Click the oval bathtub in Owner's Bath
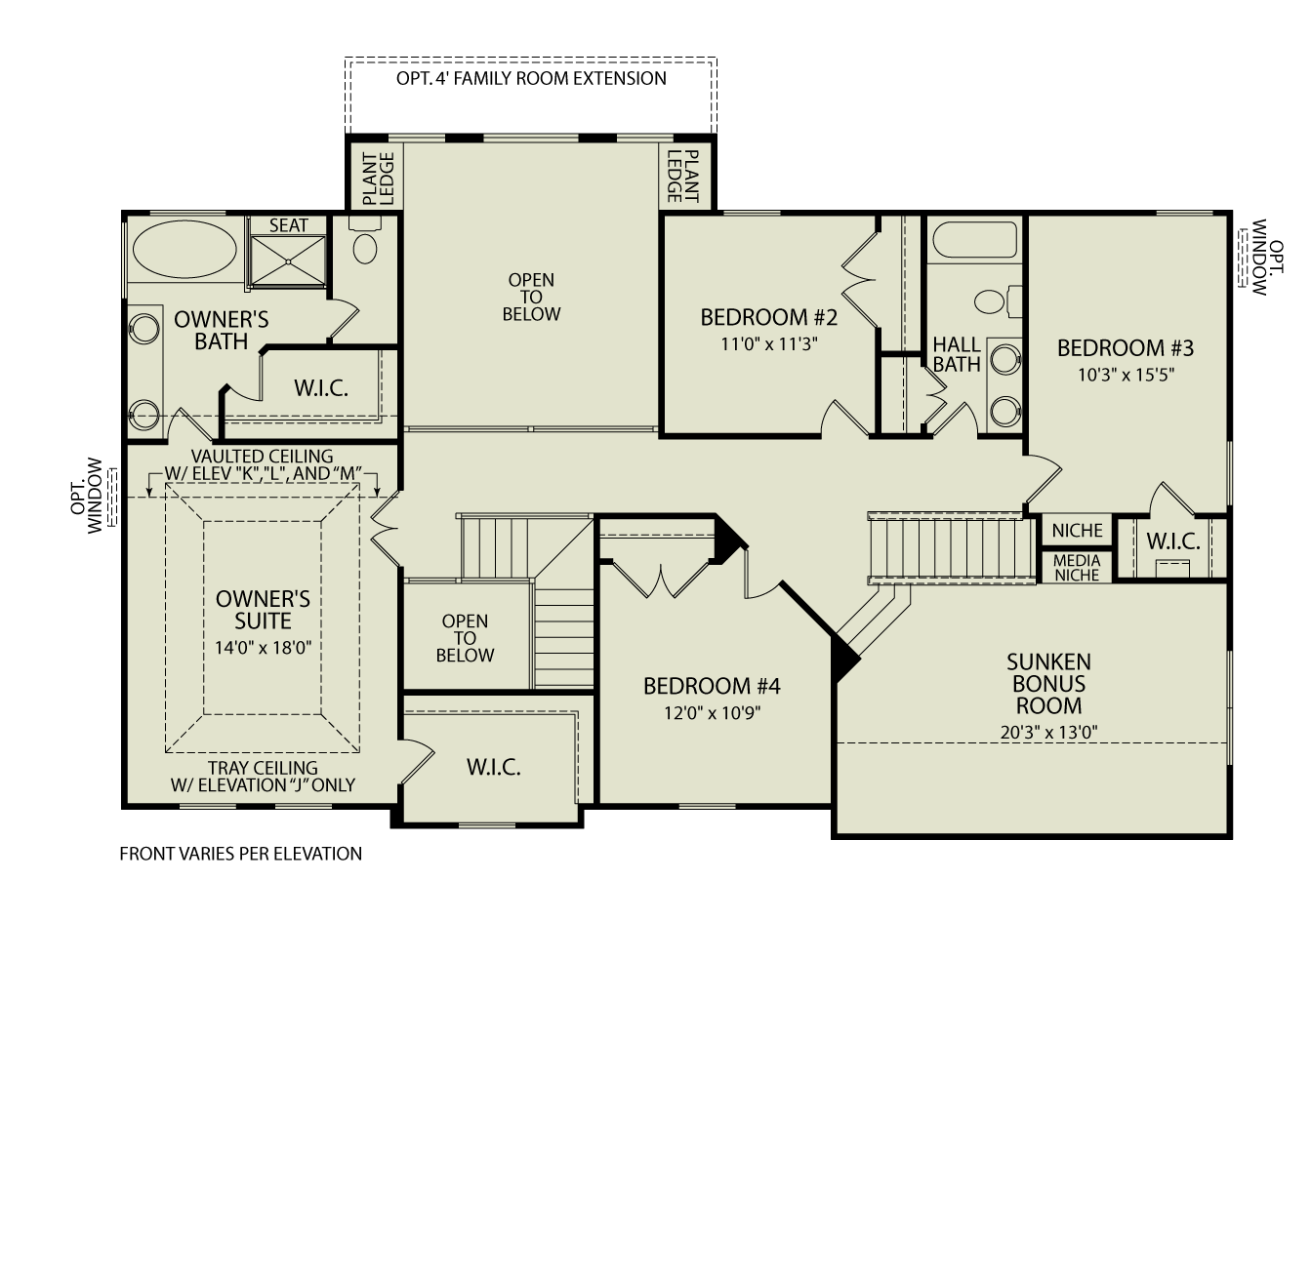pyautogui.click(x=184, y=251)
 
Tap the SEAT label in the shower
pyautogui.click(x=288, y=225)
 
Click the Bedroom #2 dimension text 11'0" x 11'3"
pyautogui.click(x=768, y=343)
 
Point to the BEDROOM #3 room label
pyautogui.click(x=1125, y=348)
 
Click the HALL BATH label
pyautogui.click(x=956, y=354)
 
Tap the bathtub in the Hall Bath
pyautogui.click(x=974, y=240)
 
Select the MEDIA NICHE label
pyautogui.click(x=1077, y=568)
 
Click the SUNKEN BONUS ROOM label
pyautogui.click(x=1048, y=684)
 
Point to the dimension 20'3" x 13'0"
pyautogui.click(x=1048, y=733)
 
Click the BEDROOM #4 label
pyautogui.click(x=712, y=687)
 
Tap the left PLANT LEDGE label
pyautogui.click(x=377, y=179)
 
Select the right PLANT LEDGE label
pyautogui.click(x=683, y=177)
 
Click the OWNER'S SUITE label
pyautogui.click(x=263, y=610)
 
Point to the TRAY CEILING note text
pyautogui.click(x=263, y=777)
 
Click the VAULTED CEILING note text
pyautogui.click(x=262, y=464)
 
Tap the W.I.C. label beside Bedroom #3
pyautogui.click(x=1172, y=541)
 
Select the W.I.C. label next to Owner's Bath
pyautogui.click(x=321, y=388)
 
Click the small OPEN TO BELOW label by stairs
pyautogui.click(x=465, y=638)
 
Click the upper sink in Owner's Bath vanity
pyautogui.click(x=145, y=328)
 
